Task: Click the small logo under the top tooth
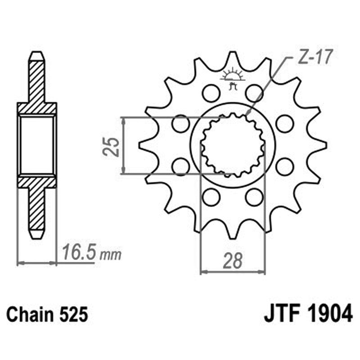point(233,78)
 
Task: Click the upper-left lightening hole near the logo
point(211,93)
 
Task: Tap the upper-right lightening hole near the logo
point(254,93)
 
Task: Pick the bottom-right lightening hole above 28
point(254,197)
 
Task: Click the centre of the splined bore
point(233,145)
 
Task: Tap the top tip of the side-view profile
point(37,55)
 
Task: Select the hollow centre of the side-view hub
point(37,145)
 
